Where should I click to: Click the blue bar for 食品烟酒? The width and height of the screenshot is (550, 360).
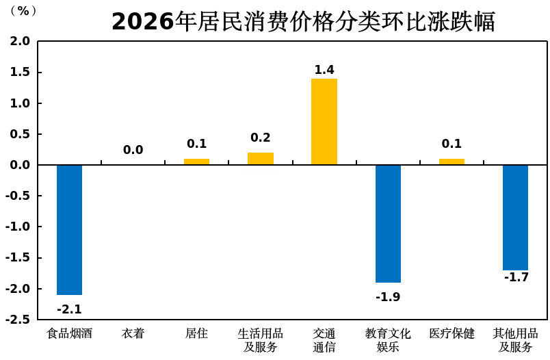[69, 229]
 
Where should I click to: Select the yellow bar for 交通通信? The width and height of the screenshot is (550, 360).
[324, 122]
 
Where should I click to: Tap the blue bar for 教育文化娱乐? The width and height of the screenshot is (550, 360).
[388, 223]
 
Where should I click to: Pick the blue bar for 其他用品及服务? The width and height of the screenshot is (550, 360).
[515, 218]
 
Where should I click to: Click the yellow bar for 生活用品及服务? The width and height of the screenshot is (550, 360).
[261, 159]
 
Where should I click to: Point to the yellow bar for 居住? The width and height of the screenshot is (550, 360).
[196, 162]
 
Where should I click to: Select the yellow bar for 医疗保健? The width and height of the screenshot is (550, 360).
[451, 162]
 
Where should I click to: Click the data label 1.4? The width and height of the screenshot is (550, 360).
[324, 70]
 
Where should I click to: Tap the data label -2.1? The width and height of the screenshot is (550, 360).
[69, 309]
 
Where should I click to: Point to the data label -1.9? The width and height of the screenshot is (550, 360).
[388, 297]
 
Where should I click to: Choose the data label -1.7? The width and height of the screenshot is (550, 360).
[516, 277]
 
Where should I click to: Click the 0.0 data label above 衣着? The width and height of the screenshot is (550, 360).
[133, 150]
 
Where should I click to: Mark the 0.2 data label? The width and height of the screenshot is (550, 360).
[261, 138]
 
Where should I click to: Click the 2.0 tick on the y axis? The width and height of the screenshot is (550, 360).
[20, 41]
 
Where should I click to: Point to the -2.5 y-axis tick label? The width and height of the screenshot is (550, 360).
[18, 320]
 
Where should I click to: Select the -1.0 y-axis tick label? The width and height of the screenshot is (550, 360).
[18, 227]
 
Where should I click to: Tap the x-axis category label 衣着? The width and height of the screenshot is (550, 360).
[133, 334]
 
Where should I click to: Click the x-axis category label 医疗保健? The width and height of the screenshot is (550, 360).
[451, 334]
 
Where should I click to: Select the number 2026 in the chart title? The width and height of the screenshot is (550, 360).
[143, 22]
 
